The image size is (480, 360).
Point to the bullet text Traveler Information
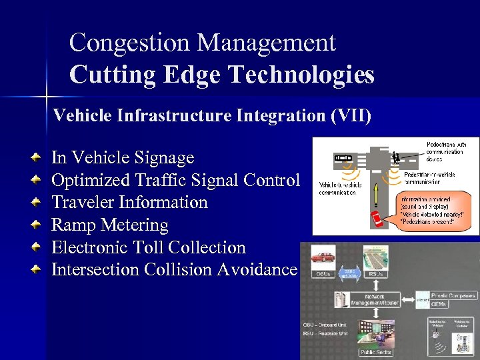pos(129,202)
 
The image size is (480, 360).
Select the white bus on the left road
pos(343,159)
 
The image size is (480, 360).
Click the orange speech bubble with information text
pos(434,208)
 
